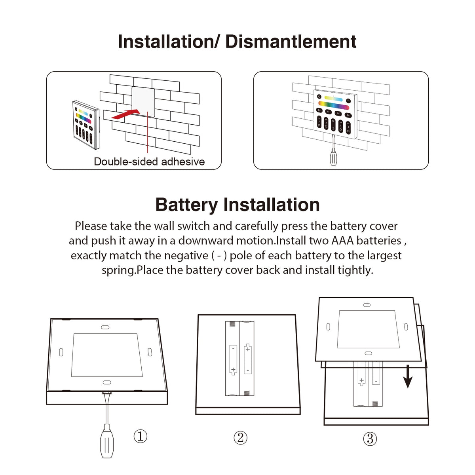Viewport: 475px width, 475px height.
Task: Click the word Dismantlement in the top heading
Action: coord(291,42)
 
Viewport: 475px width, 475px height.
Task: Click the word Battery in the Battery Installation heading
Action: coord(186,205)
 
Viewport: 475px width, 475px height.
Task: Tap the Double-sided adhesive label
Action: coord(149,161)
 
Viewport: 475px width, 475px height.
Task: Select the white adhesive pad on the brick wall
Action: coord(143,101)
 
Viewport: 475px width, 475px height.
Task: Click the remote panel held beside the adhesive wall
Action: coord(85,125)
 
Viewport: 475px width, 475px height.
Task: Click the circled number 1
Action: coord(140,436)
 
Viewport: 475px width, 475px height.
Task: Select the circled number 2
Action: coord(240,437)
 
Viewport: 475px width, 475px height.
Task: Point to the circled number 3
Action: coord(370,439)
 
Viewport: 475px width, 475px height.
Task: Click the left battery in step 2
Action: coord(233,359)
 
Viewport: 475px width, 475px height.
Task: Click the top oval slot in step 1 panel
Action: coord(105,327)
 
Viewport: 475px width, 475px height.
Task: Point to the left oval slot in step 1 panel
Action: coord(61,352)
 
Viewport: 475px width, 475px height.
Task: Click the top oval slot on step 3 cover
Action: coord(367,305)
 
